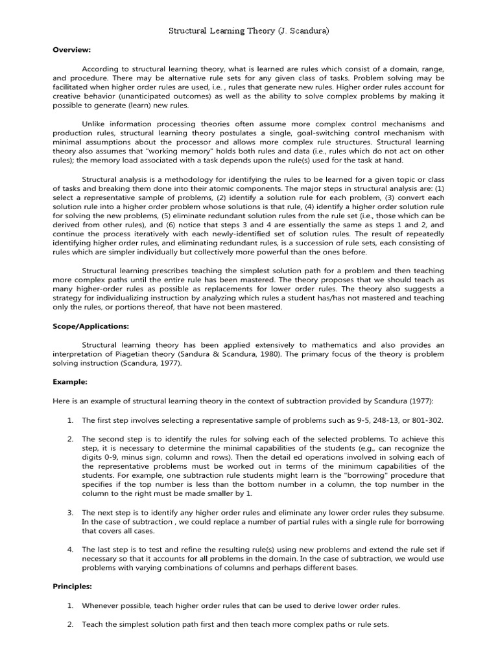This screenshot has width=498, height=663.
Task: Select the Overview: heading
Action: pos(71,49)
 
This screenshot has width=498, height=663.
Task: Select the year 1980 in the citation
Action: pos(276,354)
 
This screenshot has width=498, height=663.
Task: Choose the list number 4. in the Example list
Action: pos(71,550)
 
